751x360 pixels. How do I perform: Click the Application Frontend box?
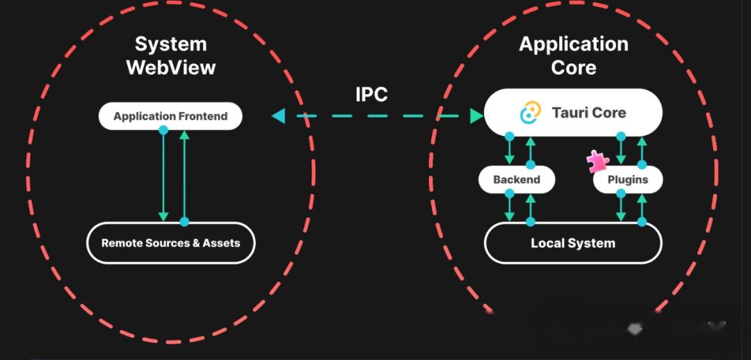click(x=170, y=116)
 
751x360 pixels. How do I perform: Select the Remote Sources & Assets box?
click(x=170, y=243)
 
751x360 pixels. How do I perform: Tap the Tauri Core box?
click(x=573, y=113)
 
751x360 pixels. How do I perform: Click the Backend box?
click(x=517, y=179)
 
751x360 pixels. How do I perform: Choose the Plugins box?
click(x=628, y=179)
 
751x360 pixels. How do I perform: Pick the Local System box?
click(x=573, y=243)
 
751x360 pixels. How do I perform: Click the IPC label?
click(x=371, y=95)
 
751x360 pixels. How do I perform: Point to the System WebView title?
click(x=170, y=56)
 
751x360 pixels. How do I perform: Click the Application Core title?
click(x=573, y=56)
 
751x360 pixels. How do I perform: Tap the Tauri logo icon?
click(x=531, y=113)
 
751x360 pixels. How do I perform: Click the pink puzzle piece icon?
click(x=598, y=162)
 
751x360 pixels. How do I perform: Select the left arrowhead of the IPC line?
click(x=278, y=116)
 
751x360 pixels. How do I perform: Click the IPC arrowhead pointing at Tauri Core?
click(x=476, y=116)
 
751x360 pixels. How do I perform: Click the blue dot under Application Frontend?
click(x=163, y=130)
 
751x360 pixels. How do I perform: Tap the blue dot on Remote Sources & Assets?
click(x=184, y=222)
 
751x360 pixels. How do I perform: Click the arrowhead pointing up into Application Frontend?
click(x=184, y=135)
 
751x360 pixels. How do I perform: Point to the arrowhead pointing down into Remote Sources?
click(x=163, y=217)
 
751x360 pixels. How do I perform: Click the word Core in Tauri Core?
click(x=607, y=113)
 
